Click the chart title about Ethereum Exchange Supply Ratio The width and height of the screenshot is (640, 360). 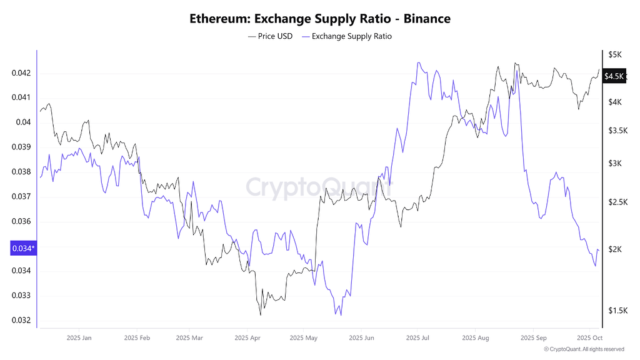click(320, 19)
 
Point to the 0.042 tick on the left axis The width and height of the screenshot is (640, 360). click(21, 73)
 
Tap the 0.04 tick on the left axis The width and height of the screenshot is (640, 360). click(23, 122)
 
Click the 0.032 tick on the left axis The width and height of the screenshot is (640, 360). click(21, 321)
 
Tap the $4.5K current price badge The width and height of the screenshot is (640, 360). click(614, 76)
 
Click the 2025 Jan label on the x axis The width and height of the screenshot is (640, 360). click(78, 338)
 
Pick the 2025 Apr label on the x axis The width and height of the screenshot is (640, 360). click(247, 338)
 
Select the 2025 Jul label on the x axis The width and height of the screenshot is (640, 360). click(418, 338)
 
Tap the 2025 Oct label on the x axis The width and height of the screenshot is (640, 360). click(589, 338)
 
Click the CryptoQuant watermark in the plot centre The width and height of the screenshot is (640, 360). click(319, 186)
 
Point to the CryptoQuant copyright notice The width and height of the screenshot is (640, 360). click(584, 349)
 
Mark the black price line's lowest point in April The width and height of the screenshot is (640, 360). click(260, 314)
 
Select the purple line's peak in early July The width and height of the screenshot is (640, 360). click(418, 62)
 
